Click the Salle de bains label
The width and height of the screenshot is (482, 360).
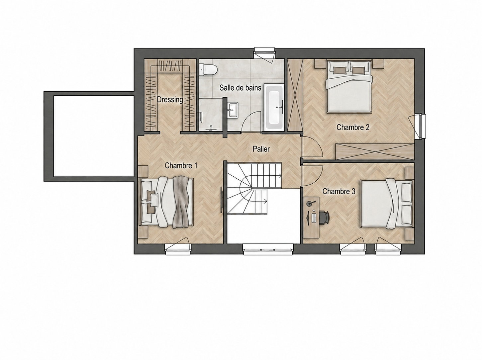[x=240, y=88]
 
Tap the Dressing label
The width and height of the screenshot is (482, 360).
[x=170, y=100]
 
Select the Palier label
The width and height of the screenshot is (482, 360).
[x=261, y=149]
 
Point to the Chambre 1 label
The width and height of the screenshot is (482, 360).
[x=181, y=165]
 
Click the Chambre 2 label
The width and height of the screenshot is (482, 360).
[x=353, y=127]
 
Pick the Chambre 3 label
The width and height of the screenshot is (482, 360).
[x=338, y=191]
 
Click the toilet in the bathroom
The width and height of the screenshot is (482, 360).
[x=208, y=70]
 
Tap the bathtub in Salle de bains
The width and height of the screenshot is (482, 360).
[x=274, y=107]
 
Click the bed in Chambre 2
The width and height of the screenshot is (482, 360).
[x=349, y=86]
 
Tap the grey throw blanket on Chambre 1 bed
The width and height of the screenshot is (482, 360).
[x=180, y=202]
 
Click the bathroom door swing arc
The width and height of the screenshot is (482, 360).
[x=250, y=121]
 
